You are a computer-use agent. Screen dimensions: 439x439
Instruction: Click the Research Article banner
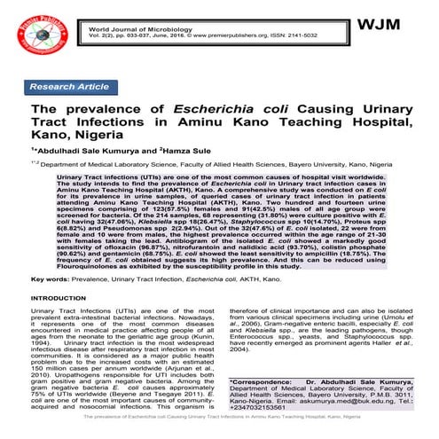pos(70,88)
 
